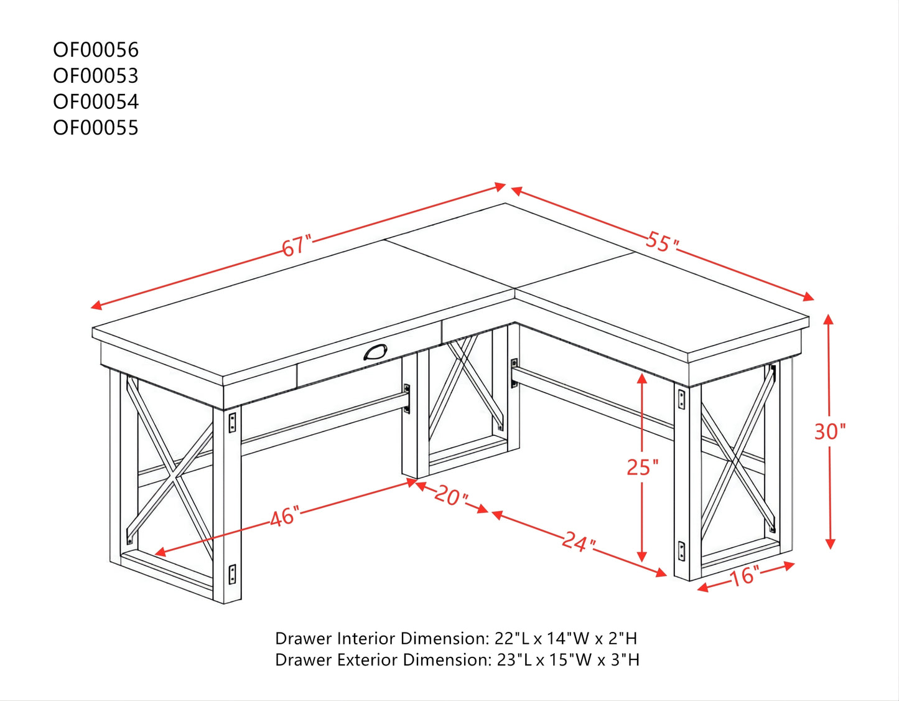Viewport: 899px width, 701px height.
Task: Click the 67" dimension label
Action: (x=296, y=246)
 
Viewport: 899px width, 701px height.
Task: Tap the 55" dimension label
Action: (x=661, y=242)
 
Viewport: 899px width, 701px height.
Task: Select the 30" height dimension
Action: (x=830, y=431)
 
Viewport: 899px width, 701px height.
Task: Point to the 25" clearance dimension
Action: (x=642, y=466)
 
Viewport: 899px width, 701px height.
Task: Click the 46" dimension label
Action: (x=284, y=517)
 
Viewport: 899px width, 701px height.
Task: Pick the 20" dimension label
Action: (x=451, y=497)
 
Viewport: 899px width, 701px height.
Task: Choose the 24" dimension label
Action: (x=579, y=542)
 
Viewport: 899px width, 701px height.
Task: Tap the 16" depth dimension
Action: (x=744, y=576)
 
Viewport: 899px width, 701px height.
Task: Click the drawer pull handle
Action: (x=375, y=352)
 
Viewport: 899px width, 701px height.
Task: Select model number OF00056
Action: (x=96, y=50)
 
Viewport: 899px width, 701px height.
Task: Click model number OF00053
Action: (x=96, y=76)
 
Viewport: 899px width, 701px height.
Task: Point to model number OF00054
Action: (x=96, y=101)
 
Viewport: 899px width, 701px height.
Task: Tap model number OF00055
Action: (x=96, y=128)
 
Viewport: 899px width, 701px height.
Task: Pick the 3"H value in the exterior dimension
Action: (x=625, y=660)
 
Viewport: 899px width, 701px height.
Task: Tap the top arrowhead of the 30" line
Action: (x=828, y=319)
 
